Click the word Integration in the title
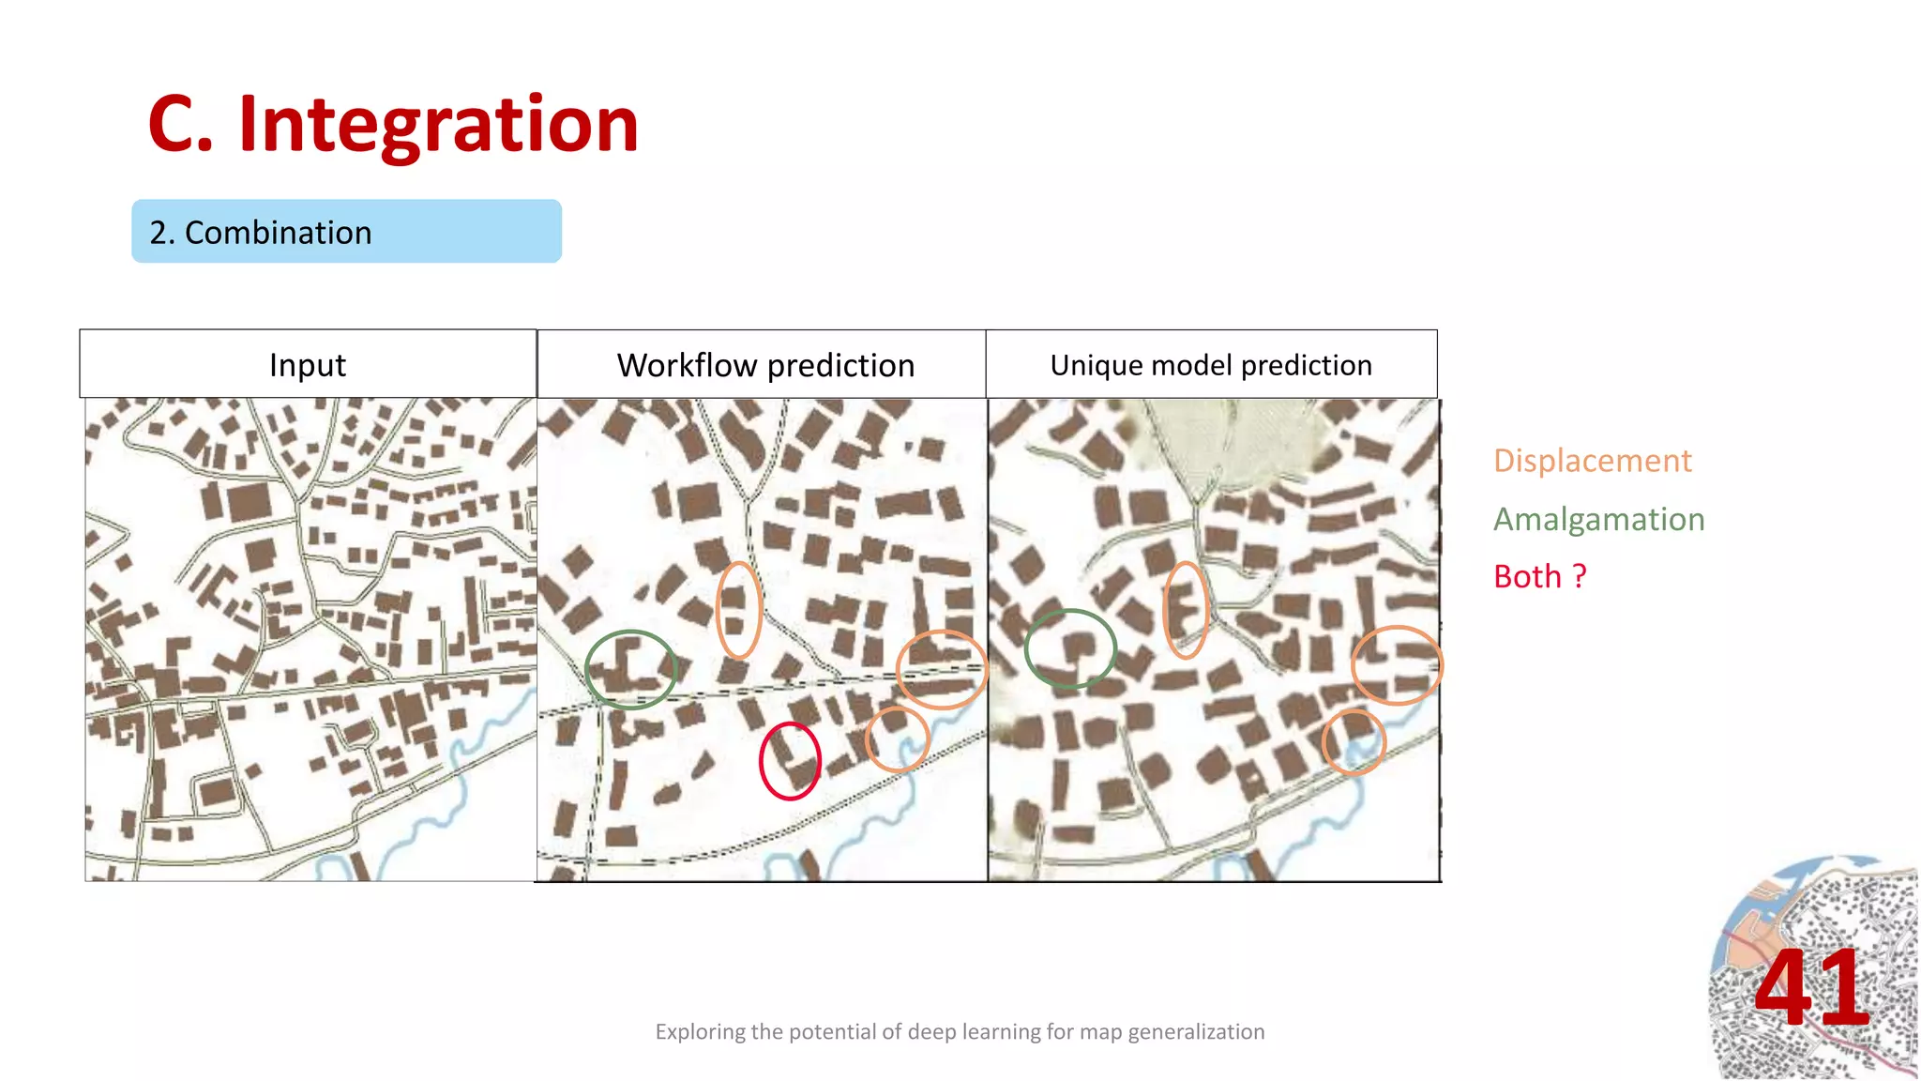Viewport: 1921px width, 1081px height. pos(438,125)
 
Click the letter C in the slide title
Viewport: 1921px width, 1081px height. pos(180,125)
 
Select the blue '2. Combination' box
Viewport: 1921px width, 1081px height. pos(346,232)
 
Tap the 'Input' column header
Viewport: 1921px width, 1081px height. pos(308,365)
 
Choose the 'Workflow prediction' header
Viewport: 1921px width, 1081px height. pos(765,365)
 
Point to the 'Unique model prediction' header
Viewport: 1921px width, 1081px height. pos(1211,365)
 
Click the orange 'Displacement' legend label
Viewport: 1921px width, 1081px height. pos(1592,461)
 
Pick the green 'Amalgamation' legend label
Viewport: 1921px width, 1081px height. pos(1598,519)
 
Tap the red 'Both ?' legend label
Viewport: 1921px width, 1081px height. pos(1539,576)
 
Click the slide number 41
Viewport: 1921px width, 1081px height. pos(1812,987)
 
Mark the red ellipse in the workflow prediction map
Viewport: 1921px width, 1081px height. pos(790,760)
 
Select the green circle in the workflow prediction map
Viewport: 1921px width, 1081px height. pos(630,669)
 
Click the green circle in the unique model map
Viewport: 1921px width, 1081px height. pos(1070,648)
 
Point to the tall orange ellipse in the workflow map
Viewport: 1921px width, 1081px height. pos(738,610)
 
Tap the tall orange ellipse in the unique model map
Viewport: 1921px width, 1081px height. pos(1186,610)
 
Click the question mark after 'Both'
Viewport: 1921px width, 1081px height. pos(1580,576)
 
